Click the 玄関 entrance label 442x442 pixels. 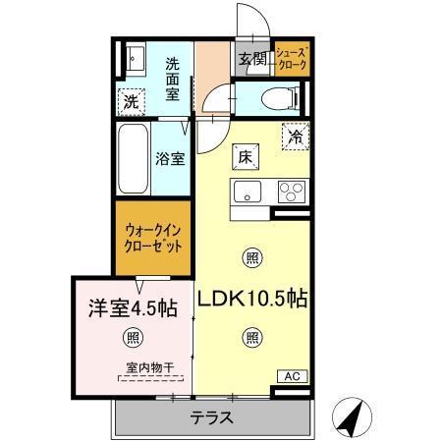tap(251, 58)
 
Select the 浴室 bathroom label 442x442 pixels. tap(171, 158)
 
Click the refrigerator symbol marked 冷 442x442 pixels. tap(294, 138)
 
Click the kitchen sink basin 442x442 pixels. tap(249, 191)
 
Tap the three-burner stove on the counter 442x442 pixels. tap(292, 191)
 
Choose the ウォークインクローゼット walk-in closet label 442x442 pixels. tap(153, 241)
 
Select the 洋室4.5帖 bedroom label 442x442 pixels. tap(133, 307)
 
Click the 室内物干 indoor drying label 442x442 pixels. tap(149, 368)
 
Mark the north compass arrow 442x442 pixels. tap(350, 416)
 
